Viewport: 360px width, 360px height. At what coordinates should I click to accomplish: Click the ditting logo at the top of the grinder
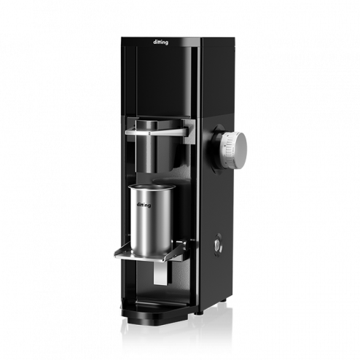tap(160, 42)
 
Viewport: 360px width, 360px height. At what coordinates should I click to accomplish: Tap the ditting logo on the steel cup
tap(144, 205)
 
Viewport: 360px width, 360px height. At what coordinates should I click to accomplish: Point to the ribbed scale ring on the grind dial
tap(228, 149)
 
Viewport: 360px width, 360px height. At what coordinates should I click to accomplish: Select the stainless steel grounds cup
tap(152, 220)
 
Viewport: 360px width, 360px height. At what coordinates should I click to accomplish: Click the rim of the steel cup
tap(152, 187)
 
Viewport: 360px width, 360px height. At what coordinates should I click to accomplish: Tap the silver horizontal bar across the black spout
tap(156, 132)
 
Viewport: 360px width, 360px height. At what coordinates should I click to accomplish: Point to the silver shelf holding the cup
tap(151, 254)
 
